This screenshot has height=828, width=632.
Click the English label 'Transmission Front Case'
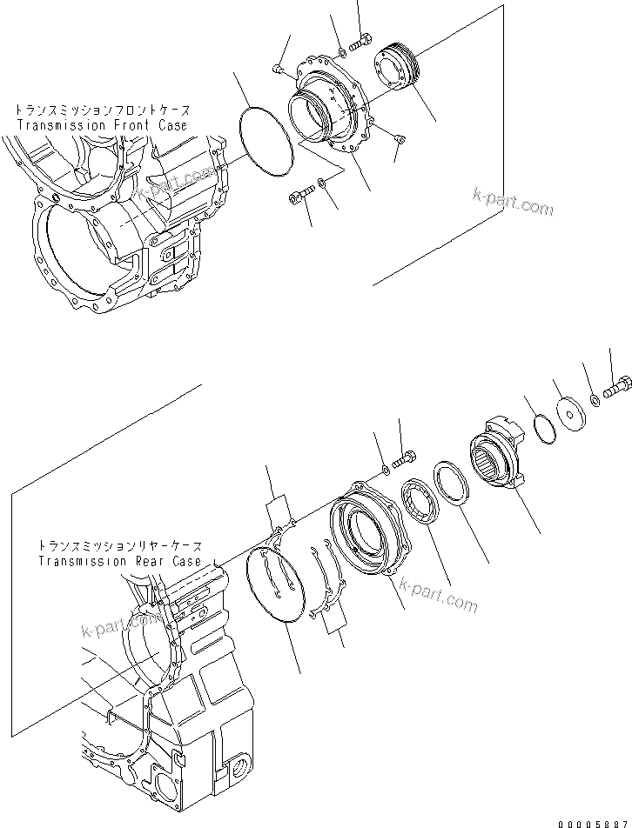point(102,125)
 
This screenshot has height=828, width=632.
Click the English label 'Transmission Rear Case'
point(119,561)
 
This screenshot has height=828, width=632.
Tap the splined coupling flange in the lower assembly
point(499,452)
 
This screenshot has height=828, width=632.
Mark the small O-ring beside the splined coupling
point(541,429)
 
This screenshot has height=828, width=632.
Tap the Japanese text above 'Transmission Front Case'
point(101,111)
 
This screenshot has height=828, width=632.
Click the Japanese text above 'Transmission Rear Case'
point(119,547)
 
